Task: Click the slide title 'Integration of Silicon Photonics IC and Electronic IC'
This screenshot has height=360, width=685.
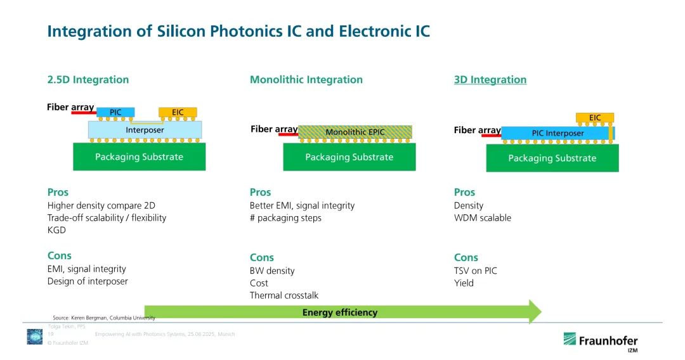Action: pos(238,30)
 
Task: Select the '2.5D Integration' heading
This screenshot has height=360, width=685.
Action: pos(88,80)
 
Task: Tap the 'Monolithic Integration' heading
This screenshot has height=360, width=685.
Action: pos(306,80)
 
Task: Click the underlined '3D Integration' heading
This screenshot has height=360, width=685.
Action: pos(490,80)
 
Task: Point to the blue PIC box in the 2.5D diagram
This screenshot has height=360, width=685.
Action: pos(115,112)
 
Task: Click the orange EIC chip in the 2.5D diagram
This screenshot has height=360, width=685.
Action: pos(178,112)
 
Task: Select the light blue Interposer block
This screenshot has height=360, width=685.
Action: pos(145,130)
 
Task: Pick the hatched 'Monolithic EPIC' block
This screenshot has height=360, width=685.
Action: pos(355,132)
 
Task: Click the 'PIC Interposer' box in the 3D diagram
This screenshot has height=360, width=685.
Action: pos(557,133)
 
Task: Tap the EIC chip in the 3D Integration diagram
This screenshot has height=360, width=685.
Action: pos(595,118)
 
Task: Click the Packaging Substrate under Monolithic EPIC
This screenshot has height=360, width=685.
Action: pos(349,157)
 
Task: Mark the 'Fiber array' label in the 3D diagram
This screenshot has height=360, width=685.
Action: pos(477,130)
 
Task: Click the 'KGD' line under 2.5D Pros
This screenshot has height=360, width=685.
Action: pos(56,230)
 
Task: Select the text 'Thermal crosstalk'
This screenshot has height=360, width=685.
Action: pos(284,295)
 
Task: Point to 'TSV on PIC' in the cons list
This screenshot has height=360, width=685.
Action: pos(476,271)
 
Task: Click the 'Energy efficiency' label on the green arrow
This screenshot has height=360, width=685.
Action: pos(340,312)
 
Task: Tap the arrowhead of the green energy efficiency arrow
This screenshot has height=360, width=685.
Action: pos(535,312)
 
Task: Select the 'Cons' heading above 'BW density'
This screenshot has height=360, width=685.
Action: pos(262,257)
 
